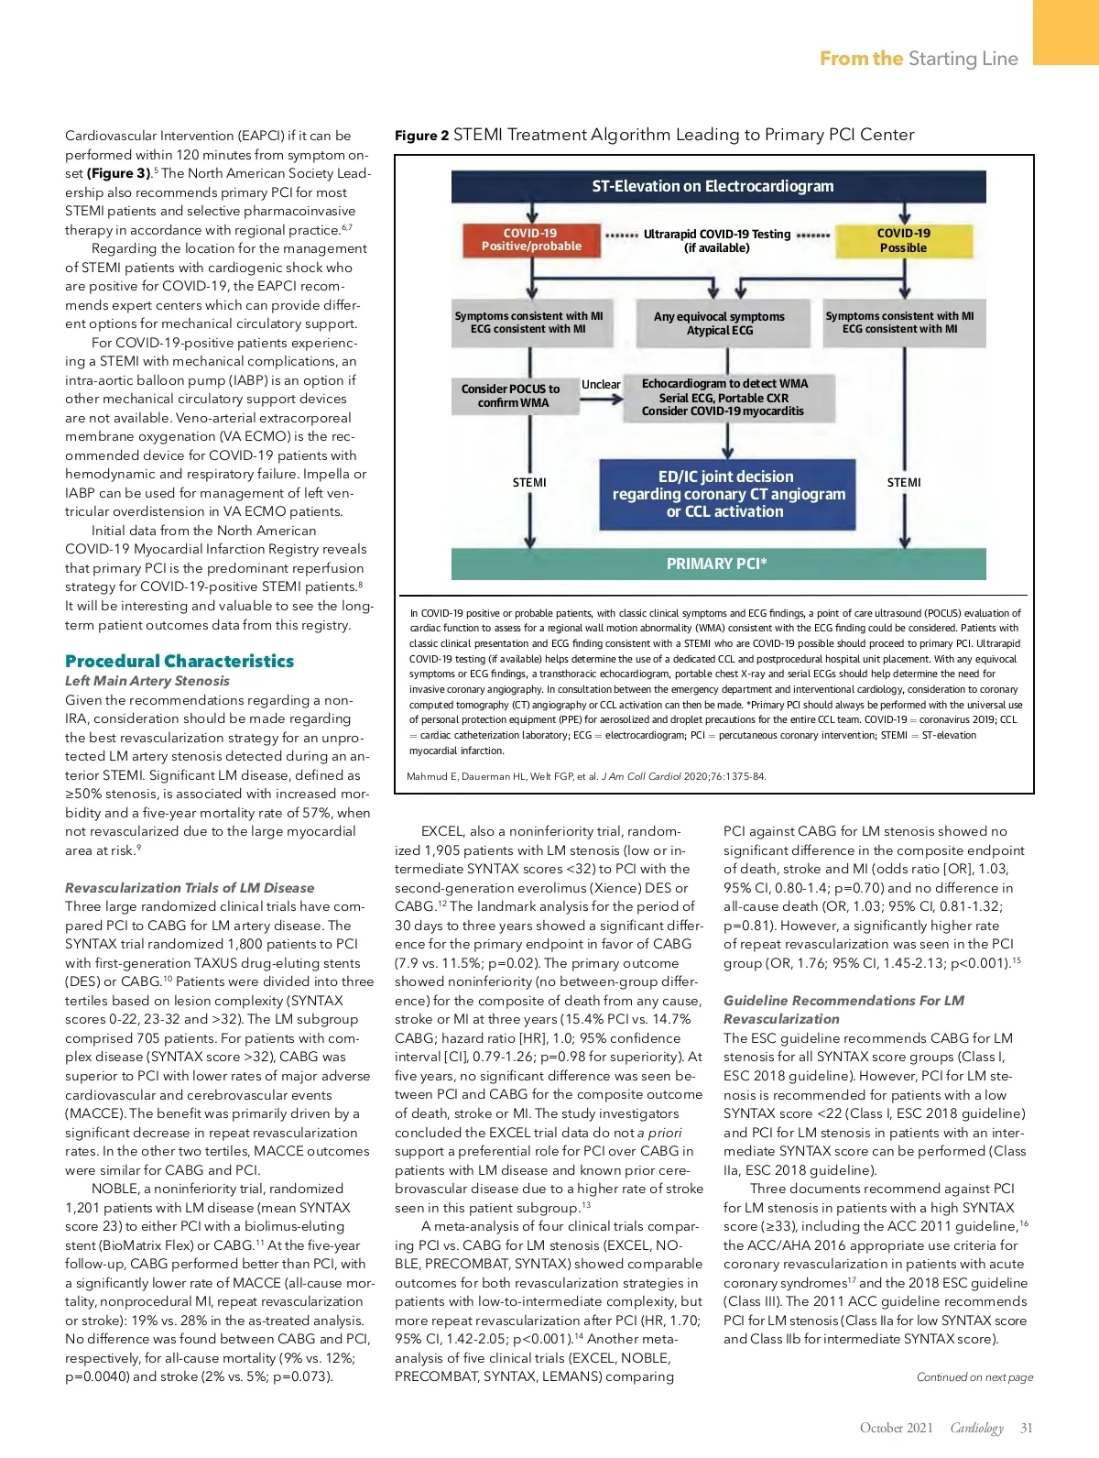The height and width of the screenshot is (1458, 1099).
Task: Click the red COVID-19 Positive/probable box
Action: pyautogui.click(x=531, y=240)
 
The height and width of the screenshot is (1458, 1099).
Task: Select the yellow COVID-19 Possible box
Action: pyautogui.click(x=903, y=240)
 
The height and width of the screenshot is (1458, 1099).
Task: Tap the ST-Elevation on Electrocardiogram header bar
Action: pyautogui.click(x=718, y=186)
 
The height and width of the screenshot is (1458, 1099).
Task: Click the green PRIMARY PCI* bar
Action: pyautogui.click(x=718, y=564)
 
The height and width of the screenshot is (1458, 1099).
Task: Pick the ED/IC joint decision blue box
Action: pyautogui.click(x=728, y=494)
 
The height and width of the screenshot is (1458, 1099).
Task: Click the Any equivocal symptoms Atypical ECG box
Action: pyautogui.click(x=719, y=323)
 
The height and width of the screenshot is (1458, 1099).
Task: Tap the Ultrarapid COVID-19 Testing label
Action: pyautogui.click(x=716, y=240)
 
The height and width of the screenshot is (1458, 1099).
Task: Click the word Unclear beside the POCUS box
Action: pyautogui.click(x=601, y=384)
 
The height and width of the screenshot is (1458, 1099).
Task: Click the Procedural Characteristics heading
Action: pyautogui.click(x=180, y=661)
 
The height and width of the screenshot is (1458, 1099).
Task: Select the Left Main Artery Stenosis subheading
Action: pyautogui.click(x=147, y=681)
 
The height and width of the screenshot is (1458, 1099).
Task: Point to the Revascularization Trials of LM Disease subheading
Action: pyautogui.click(x=190, y=887)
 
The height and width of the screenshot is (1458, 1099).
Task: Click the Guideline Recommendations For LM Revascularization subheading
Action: pyautogui.click(x=843, y=1009)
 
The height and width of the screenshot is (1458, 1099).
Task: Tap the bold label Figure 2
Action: pyautogui.click(x=421, y=136)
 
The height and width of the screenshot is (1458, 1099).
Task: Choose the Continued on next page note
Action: pyautogui.click(x=974, y=1376)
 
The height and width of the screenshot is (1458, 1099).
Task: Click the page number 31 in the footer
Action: pyautogui.click(x=1026, y=1428)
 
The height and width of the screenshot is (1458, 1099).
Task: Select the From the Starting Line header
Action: pyautogui.click(x=919, y=59)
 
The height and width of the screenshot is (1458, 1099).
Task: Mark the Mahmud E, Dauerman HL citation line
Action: pyautogui.click(x=586, y=776)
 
